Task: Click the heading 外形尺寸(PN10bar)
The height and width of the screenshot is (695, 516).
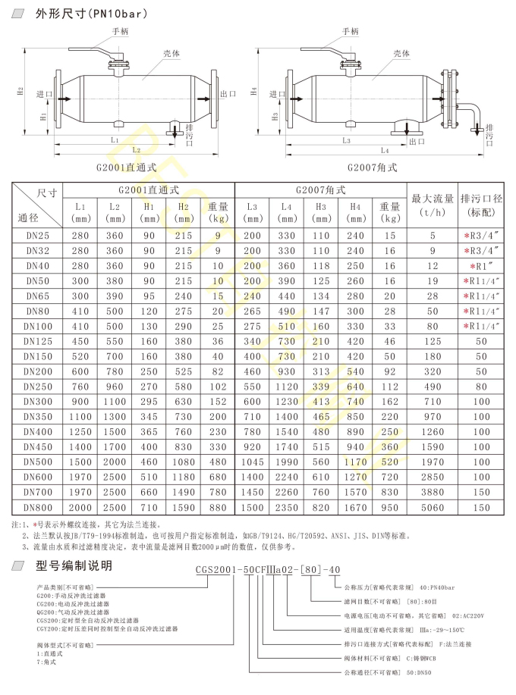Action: [91, 13]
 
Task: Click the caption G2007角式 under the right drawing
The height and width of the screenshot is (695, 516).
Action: [372, 167]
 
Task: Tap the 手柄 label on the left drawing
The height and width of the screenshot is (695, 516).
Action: [121, 31]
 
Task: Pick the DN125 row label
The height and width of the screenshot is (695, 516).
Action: [39, 341]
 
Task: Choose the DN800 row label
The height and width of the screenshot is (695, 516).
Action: [39, 507]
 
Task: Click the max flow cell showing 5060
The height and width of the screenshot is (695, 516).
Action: [433, 507]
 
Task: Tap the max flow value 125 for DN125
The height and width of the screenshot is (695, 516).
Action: [433, 341]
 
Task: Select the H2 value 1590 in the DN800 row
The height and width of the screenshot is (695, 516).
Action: [184, 507]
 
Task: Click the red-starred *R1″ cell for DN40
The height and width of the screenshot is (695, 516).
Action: [481, 265]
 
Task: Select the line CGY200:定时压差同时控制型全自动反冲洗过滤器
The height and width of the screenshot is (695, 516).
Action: [107, 628]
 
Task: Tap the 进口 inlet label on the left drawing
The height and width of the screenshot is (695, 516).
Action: [43, 94]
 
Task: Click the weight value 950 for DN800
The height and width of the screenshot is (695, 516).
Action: [390, 507]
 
